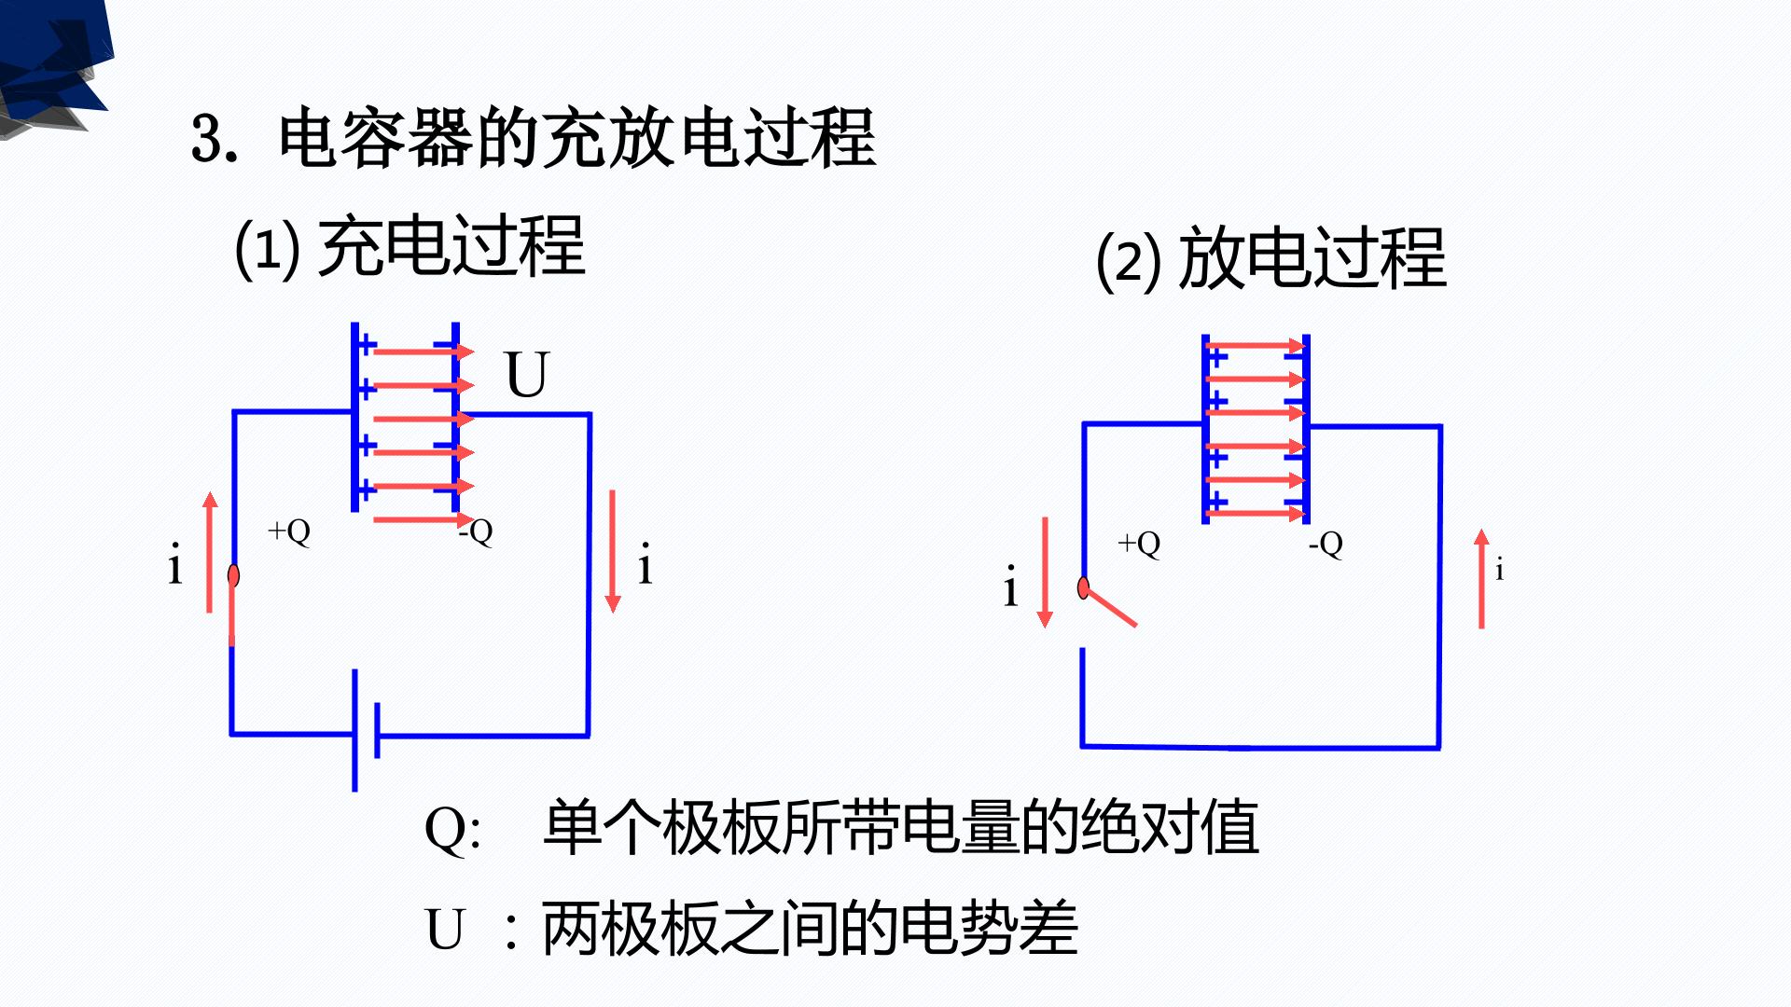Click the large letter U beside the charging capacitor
(527, 375)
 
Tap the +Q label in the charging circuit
(289, 531)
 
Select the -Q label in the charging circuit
(476, 531)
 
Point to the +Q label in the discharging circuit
(1139, 544)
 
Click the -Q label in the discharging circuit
(1326, 544)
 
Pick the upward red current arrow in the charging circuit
(210, 552)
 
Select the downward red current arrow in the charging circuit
(613, 552)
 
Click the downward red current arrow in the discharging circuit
(1045, 572)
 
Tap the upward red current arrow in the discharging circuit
(1481, 579)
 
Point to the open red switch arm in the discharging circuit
(1109, 606)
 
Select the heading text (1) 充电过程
(410, 247)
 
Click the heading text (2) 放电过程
(1271, 259)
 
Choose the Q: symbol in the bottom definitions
(453, 829)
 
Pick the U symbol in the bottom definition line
(445, 930)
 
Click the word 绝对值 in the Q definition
(1170, 827)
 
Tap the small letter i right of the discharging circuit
(1499, 570)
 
